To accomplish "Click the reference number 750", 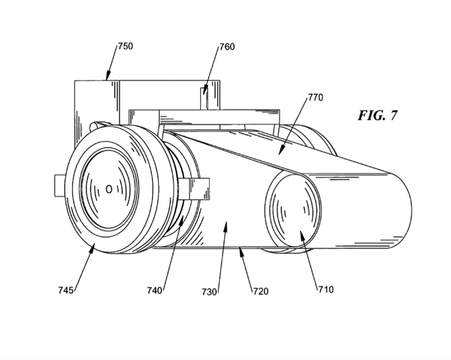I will [125, 46].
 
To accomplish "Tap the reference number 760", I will [227, 46].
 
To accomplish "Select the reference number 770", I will [315, 98].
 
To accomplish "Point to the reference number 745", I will [66, 290].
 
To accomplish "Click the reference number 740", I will [154, 290].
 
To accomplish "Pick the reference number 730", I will [209, 292].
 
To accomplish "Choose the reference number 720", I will [260, 291].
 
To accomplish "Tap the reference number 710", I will [326, 289].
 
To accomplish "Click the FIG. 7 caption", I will [378, 116].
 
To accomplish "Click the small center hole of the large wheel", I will [109, 189].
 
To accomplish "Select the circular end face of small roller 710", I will [292, 214].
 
